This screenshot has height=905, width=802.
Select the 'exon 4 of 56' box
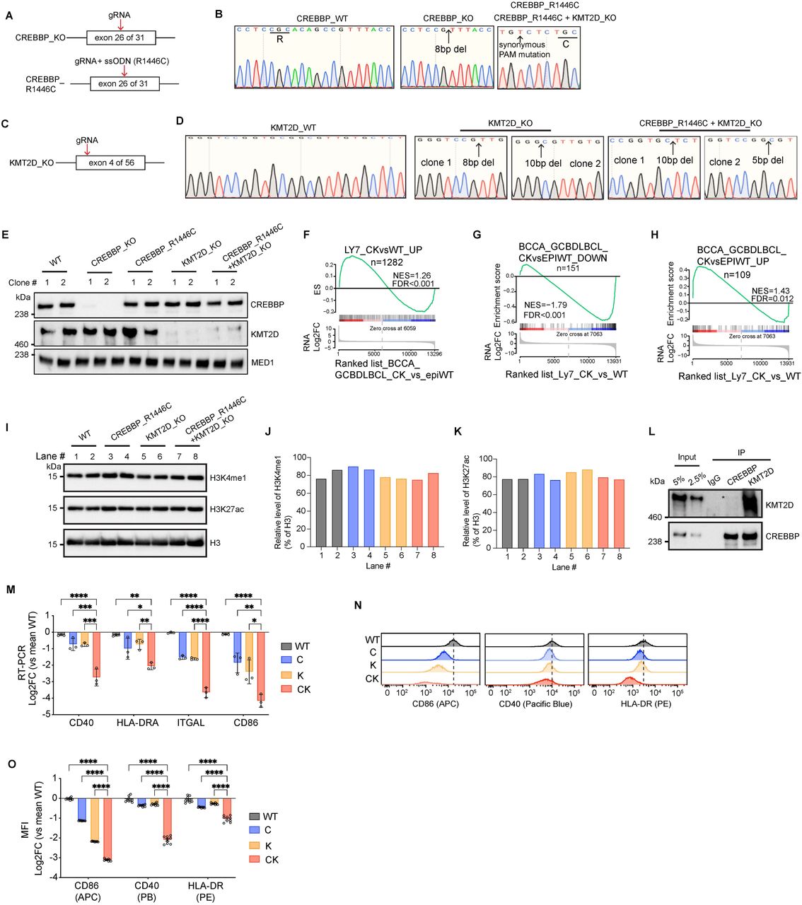(111, 163)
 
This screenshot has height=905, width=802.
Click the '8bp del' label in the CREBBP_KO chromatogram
(451, 49)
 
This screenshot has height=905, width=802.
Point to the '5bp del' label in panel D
(767, 160)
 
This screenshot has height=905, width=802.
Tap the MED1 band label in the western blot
(262, 361)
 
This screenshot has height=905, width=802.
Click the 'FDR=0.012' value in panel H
(772, 298)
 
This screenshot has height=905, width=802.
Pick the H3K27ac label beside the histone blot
(226, 508)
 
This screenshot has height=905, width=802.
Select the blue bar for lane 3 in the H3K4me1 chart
(352, 506)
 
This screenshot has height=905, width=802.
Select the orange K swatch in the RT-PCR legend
(286, 675)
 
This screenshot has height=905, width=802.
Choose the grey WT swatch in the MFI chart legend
(255, 817)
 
